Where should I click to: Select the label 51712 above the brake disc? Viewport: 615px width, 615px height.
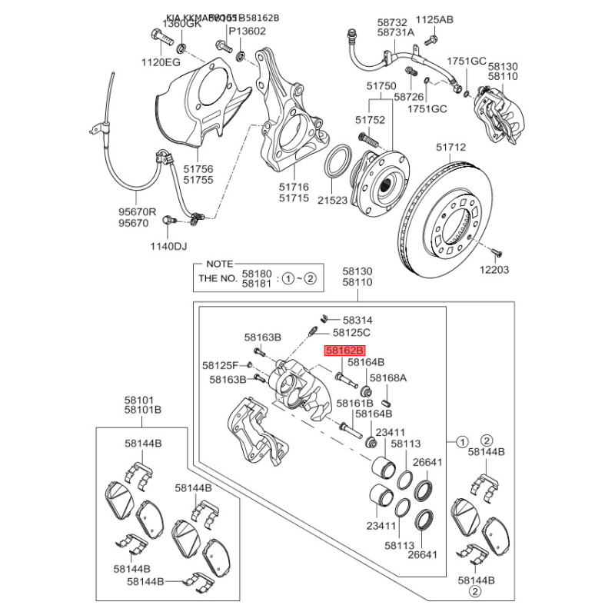click(x=451, y=147)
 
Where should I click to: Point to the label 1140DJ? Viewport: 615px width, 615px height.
click(x=168, y=246)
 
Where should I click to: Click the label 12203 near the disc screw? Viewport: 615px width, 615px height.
click(x=495, y=270)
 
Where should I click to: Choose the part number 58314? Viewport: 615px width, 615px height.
click(x=357, y=319)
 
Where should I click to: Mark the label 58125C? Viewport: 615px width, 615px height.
click(x=351, y=333)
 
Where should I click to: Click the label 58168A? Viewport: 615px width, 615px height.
click(x=388, y=377)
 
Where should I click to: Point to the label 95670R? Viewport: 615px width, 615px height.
click(x=137, y=211)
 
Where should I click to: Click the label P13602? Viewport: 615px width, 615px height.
click(x=248, y=32)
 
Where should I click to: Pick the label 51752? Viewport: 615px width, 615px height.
click(x=370, y=120)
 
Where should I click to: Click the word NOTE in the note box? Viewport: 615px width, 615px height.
click(x=219, y=264)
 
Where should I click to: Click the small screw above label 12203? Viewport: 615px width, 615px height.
click(x=496, y=251)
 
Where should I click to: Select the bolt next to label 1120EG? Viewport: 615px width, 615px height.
click(x=157, y=35)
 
